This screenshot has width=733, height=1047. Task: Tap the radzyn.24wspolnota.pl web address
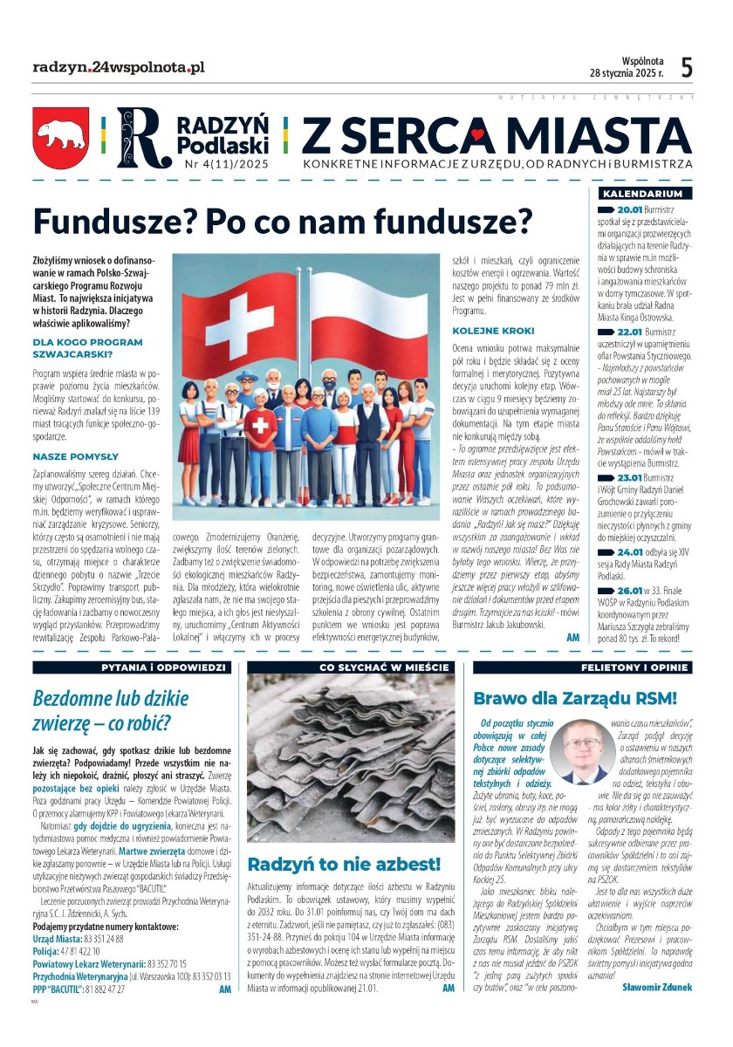(118, 66)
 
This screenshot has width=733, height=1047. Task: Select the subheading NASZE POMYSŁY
(75, 455)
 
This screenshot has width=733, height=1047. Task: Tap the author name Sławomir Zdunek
(657, 987)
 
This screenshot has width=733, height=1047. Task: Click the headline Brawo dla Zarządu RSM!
(575, 698)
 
